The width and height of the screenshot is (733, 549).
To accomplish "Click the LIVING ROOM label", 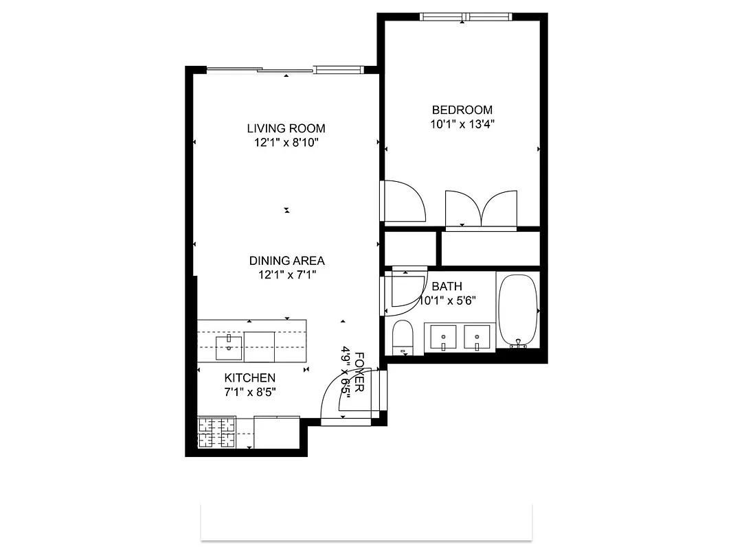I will tap(286, 128).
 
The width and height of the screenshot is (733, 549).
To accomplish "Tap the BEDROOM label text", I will tap(462, 110).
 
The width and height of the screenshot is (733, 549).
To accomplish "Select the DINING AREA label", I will tap(286, 261).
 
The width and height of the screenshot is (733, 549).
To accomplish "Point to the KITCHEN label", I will tap(250, 378).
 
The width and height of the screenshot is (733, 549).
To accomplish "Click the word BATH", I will tap(447, 287).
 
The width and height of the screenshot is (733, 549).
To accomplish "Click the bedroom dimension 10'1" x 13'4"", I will tap(462, 124).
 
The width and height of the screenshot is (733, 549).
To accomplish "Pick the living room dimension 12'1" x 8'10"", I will tap(286, 143).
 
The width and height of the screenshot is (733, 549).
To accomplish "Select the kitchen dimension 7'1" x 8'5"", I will tap(250, 392).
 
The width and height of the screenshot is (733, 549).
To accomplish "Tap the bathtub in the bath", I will tap(517, 310).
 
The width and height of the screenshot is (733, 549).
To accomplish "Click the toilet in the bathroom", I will tap(402, 337).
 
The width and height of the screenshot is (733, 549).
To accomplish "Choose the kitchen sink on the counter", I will tap(229, 347).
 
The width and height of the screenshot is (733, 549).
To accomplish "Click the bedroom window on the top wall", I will tap(466, 16).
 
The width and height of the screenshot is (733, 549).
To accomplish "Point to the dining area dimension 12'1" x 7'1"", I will tap(286, 274).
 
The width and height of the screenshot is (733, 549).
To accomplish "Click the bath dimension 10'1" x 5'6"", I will tap(447, 301).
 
